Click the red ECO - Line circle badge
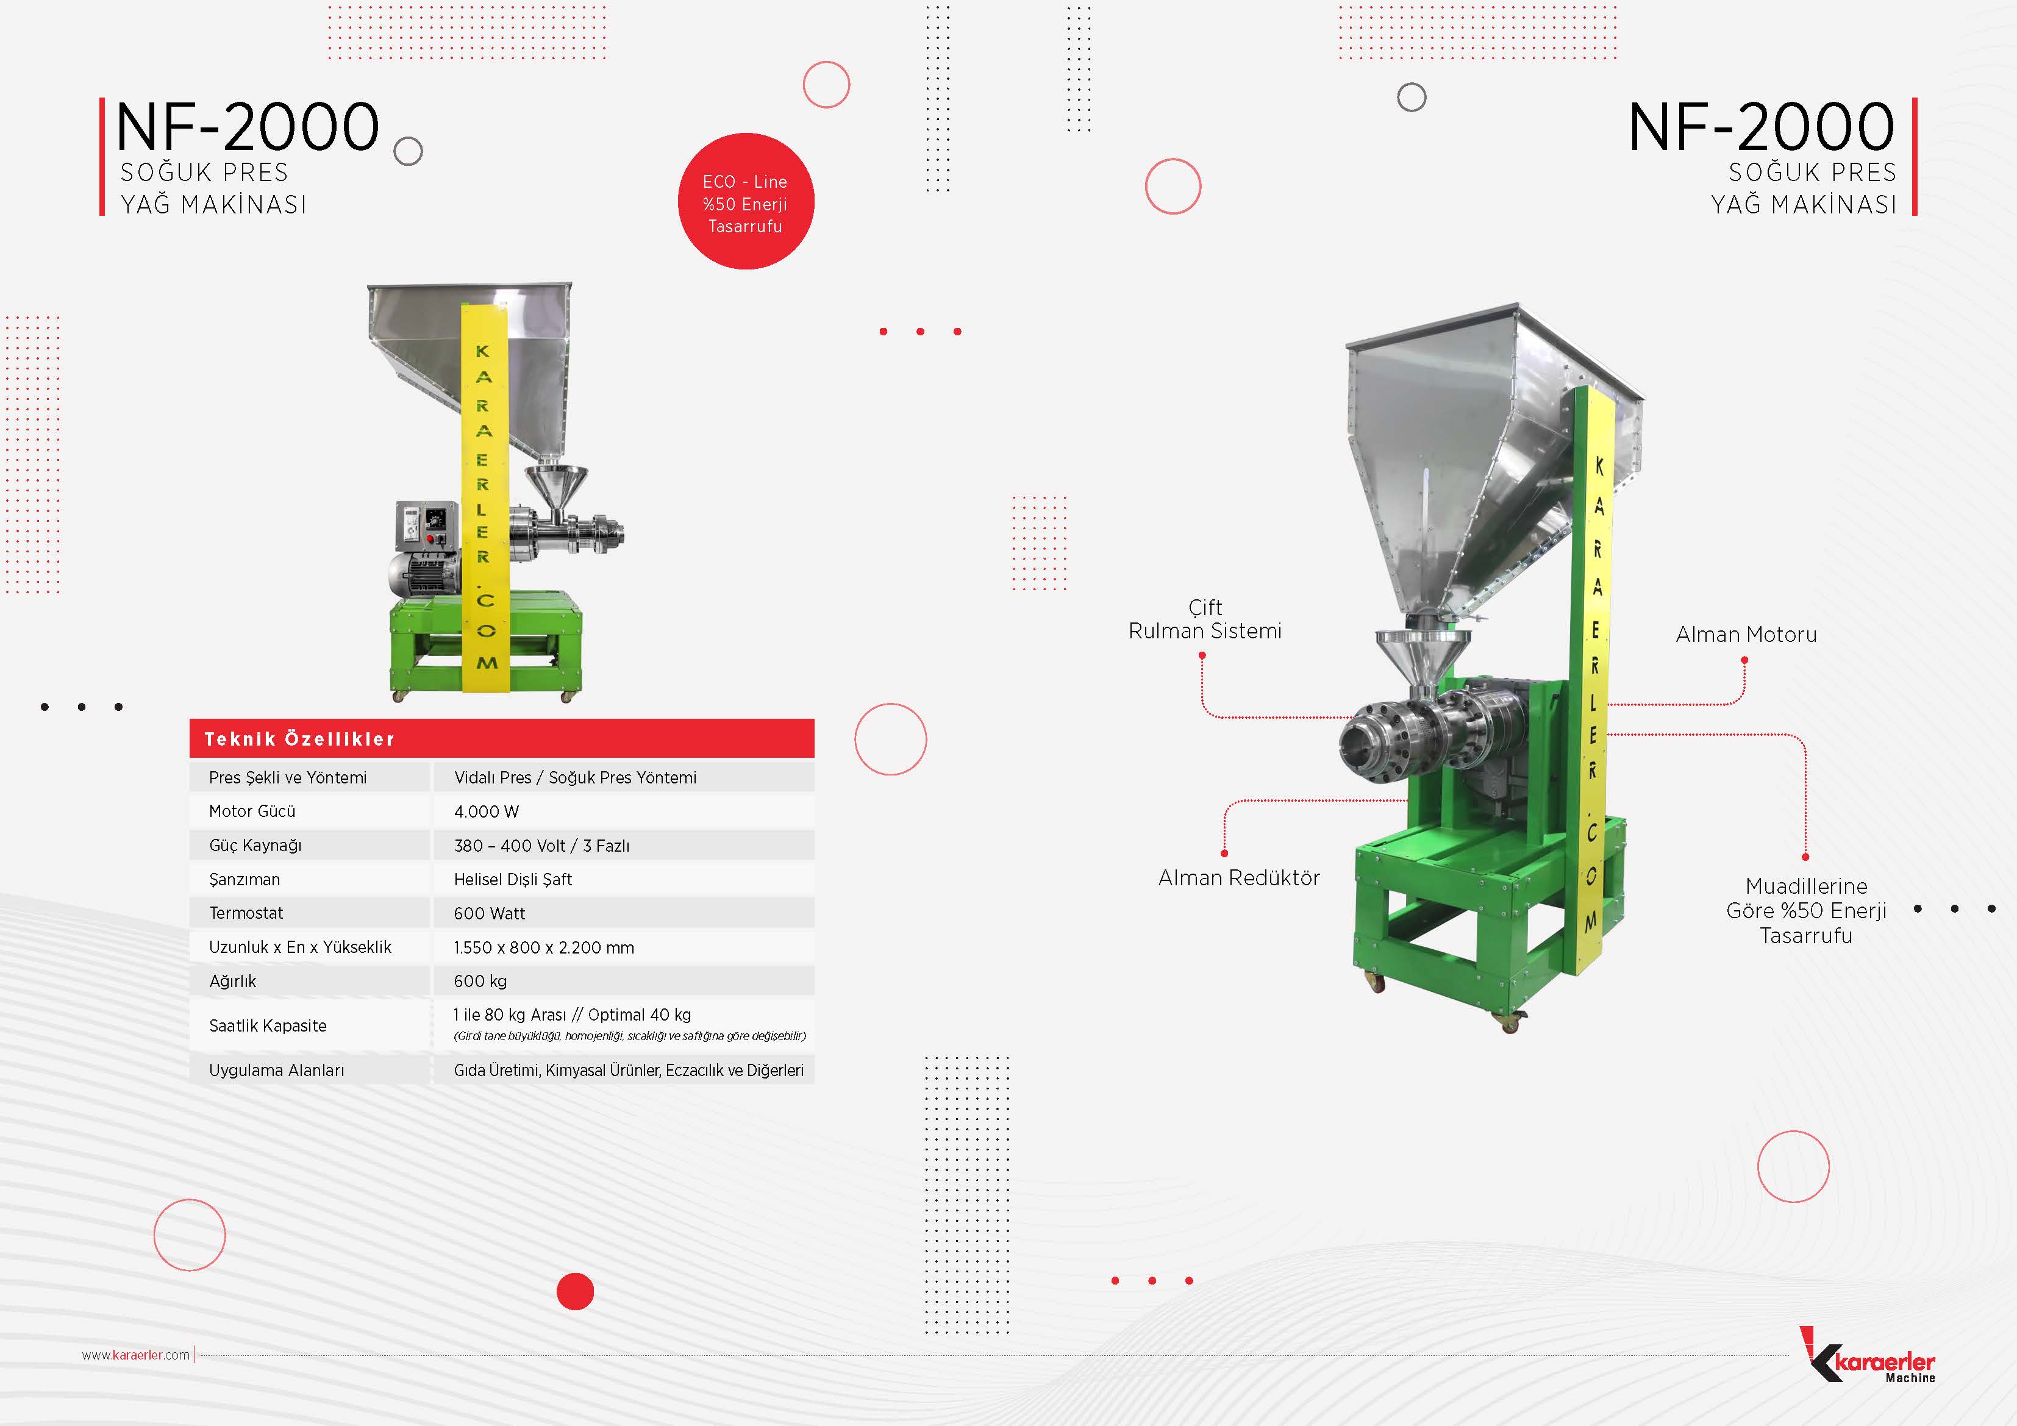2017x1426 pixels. coord(746,201)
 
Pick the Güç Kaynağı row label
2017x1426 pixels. coord(255,845)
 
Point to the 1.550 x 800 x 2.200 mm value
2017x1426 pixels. coord(544,948)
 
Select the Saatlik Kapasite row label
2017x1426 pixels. coord(268,1025)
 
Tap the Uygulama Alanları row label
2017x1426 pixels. coord(277,1070)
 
